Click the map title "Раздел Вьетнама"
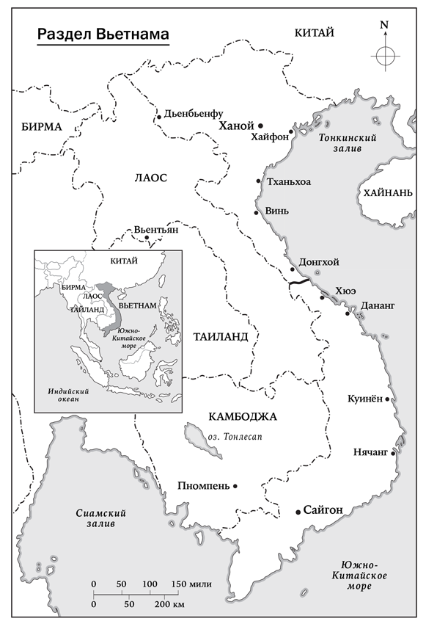point(103,35)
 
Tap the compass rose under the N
point(384,55)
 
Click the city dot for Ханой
point(260,126)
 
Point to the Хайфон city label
point(269,137)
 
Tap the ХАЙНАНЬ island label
point(388,192)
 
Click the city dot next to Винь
point(256,213)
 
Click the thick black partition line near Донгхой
point(299,283)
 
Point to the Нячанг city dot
point(394,453)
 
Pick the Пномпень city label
point(204,486)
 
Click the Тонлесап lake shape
point(194,438)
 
